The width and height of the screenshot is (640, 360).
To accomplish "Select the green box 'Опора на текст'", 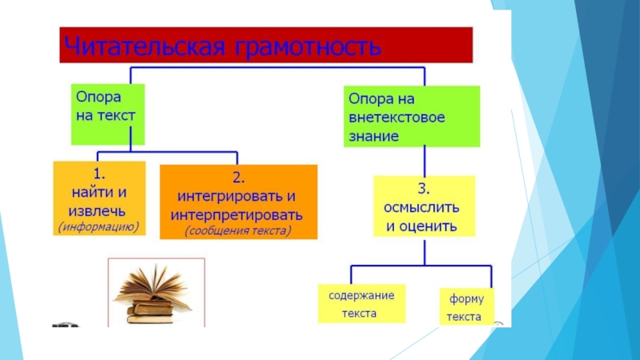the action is point(108,114).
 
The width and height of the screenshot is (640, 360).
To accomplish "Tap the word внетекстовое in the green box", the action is point(396,118).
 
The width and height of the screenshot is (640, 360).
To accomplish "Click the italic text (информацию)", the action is point(98,226).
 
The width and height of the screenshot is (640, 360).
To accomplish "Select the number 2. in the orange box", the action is point(238,178).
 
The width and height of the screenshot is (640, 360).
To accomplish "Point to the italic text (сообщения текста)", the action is point(238,231).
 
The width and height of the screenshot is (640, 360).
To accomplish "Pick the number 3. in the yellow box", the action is point(424,190).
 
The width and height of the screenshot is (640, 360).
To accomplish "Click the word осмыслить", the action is point(422,207).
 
